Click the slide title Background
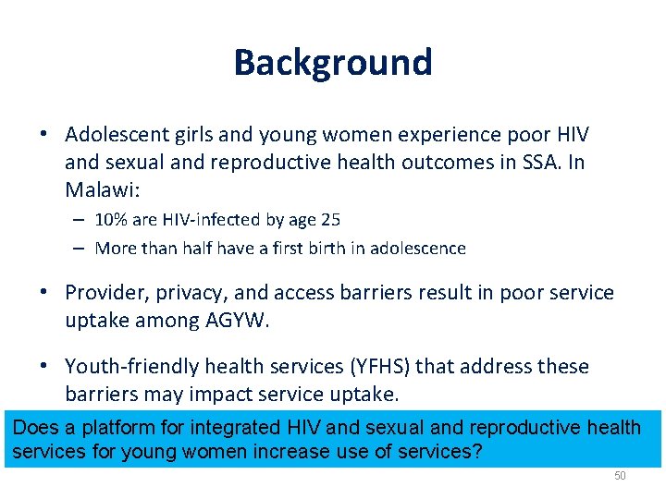pyautogui.click(x=333, y=63)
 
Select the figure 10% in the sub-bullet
pyautogui.click(x=111, y=220)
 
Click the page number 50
pyautogui.click(x=620, y=475)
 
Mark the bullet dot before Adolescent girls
pyautogui.click(x=44, y=135)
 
